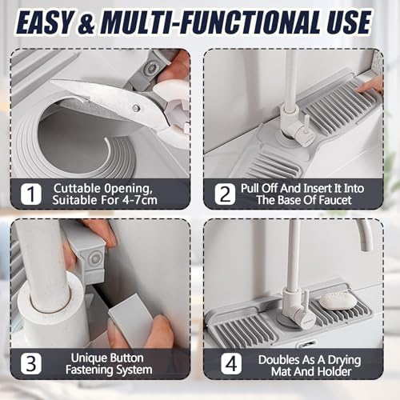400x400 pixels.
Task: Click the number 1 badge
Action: coord(31,194)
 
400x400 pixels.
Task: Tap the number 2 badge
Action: coord(226,194)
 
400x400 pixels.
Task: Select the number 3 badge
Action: coord(31,364)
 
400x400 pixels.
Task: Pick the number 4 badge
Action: coord(231,364)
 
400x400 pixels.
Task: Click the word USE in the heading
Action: coord(349,22)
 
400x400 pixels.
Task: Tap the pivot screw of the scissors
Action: coord(136,108)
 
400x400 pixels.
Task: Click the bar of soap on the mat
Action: coord(338,301)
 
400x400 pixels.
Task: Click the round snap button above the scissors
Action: coord(150,67)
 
